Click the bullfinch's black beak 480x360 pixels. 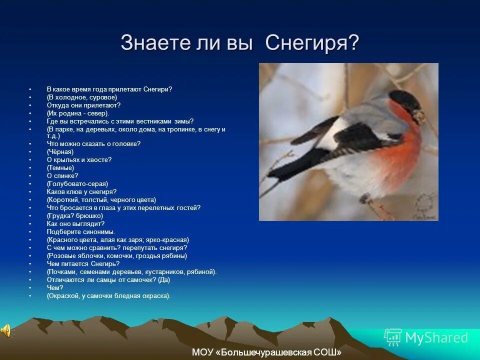418,116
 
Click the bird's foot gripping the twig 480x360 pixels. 367,200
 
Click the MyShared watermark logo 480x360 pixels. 426,337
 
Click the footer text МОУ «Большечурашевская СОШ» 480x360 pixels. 266,352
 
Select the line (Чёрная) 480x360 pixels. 60,151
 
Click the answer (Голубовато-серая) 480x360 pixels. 77,183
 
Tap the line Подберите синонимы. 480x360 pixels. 81,231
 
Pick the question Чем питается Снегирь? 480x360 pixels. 83,263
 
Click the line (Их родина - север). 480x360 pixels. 78,113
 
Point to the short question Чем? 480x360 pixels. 55,287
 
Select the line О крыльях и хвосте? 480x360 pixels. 79,159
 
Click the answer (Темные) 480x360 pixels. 60,167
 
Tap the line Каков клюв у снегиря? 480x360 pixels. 81,191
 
